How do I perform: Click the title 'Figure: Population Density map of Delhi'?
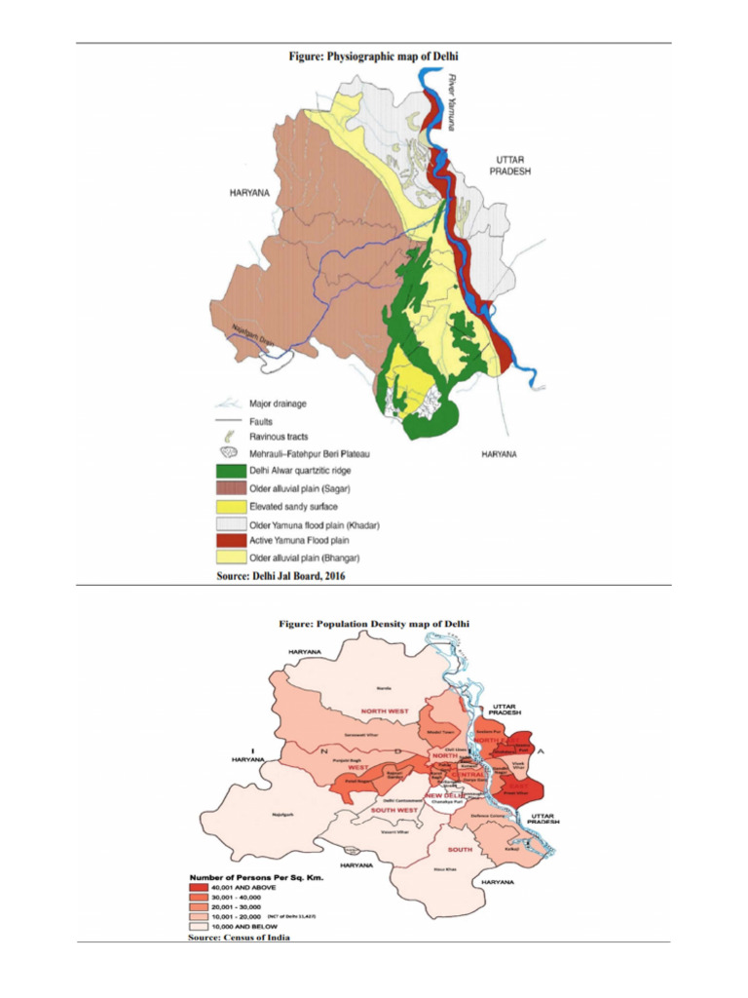tap(375, 622)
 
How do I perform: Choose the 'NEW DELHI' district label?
tap(446, 793)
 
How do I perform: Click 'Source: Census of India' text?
tap(239, 938)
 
